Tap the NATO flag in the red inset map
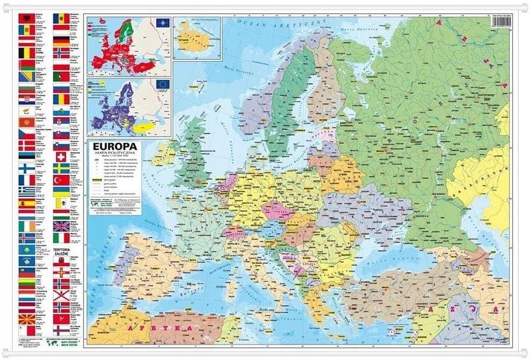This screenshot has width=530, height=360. [161, 23]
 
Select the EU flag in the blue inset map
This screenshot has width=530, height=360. [161, 85]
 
